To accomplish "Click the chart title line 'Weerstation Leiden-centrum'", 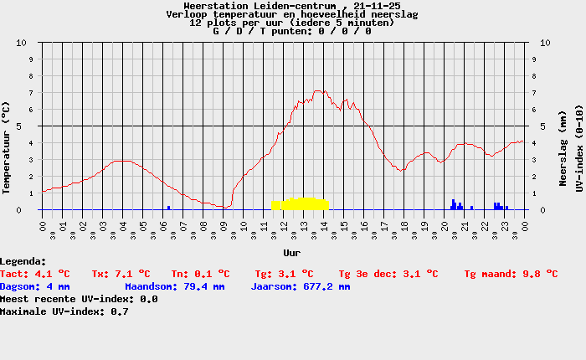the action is click(291, 6).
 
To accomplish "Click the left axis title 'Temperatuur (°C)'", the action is click(6, 147).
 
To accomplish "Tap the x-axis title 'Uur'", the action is click(291, 253).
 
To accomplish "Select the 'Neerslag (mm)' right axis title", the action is click(563, 148).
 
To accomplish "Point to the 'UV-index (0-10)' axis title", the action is click(579, 148).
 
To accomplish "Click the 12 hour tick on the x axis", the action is click(284, 227).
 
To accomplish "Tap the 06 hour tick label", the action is click(163, 227).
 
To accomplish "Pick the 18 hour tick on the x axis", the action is click(404, 227).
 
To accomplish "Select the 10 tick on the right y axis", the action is click(545, 43).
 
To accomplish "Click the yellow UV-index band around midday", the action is click(300, 204).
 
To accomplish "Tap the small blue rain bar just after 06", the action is click(168, 208).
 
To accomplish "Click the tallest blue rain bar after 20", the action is click(454, 204).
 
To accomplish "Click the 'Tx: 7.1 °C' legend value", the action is click(121, 274).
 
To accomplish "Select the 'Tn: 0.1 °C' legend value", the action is click(200, 274).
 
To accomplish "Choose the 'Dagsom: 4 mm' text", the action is click(35, 286).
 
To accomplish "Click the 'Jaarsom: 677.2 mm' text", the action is click(301, 286).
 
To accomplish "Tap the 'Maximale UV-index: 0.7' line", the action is click(64, 311).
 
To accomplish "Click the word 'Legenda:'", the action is click(23, 261).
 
